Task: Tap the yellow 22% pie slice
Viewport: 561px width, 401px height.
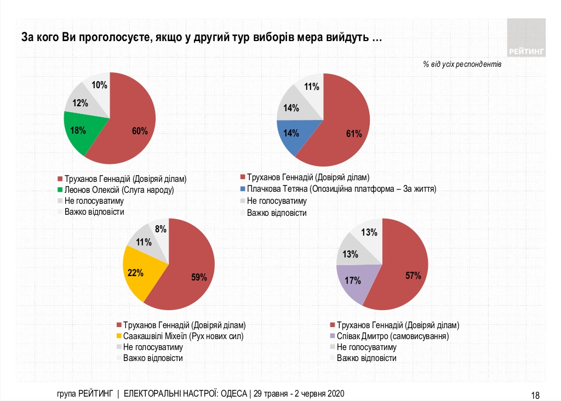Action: (137, 273)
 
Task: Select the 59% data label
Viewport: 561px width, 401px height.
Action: (198, 277)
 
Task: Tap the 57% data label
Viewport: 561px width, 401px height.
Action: (413, 276)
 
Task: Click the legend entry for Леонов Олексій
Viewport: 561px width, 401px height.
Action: (119, 190)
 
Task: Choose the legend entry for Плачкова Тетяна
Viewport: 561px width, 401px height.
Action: (341, 189)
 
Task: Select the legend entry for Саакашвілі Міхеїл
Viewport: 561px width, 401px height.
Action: (183, 336)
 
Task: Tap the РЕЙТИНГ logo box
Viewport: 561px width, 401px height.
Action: (526, 38)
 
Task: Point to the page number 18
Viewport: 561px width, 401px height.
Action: (536, 395)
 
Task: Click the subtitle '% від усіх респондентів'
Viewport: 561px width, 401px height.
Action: (462, 64)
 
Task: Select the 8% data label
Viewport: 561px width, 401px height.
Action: (161, 230)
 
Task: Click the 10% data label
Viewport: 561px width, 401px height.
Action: (99, 85)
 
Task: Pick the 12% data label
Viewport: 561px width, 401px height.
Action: (81, 103)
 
